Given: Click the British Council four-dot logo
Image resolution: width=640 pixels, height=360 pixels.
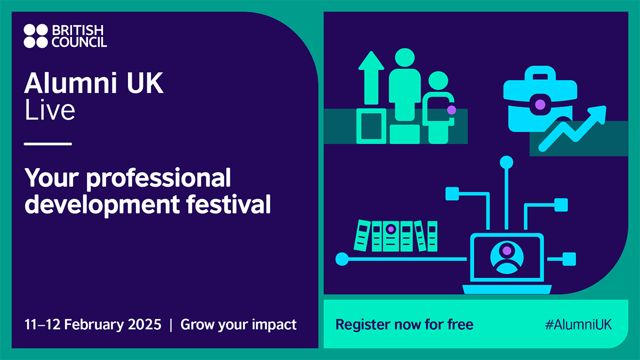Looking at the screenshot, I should point(36,35).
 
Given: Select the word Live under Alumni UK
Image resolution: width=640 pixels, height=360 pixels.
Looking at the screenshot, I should point(50,110).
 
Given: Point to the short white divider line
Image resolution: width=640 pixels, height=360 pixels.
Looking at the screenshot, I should point(48,144).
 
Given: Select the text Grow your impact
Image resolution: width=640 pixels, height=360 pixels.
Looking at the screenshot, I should point(238,324).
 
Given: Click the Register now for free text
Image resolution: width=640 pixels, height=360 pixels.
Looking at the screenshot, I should point(404,324).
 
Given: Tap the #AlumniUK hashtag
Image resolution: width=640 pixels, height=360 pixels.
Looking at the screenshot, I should point(578,324).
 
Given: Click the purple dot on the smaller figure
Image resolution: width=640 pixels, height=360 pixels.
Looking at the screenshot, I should point(451,109).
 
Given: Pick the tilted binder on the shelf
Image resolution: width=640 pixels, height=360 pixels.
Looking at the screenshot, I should point(421,236).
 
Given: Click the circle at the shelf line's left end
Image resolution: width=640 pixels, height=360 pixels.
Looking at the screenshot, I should point(341,260).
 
